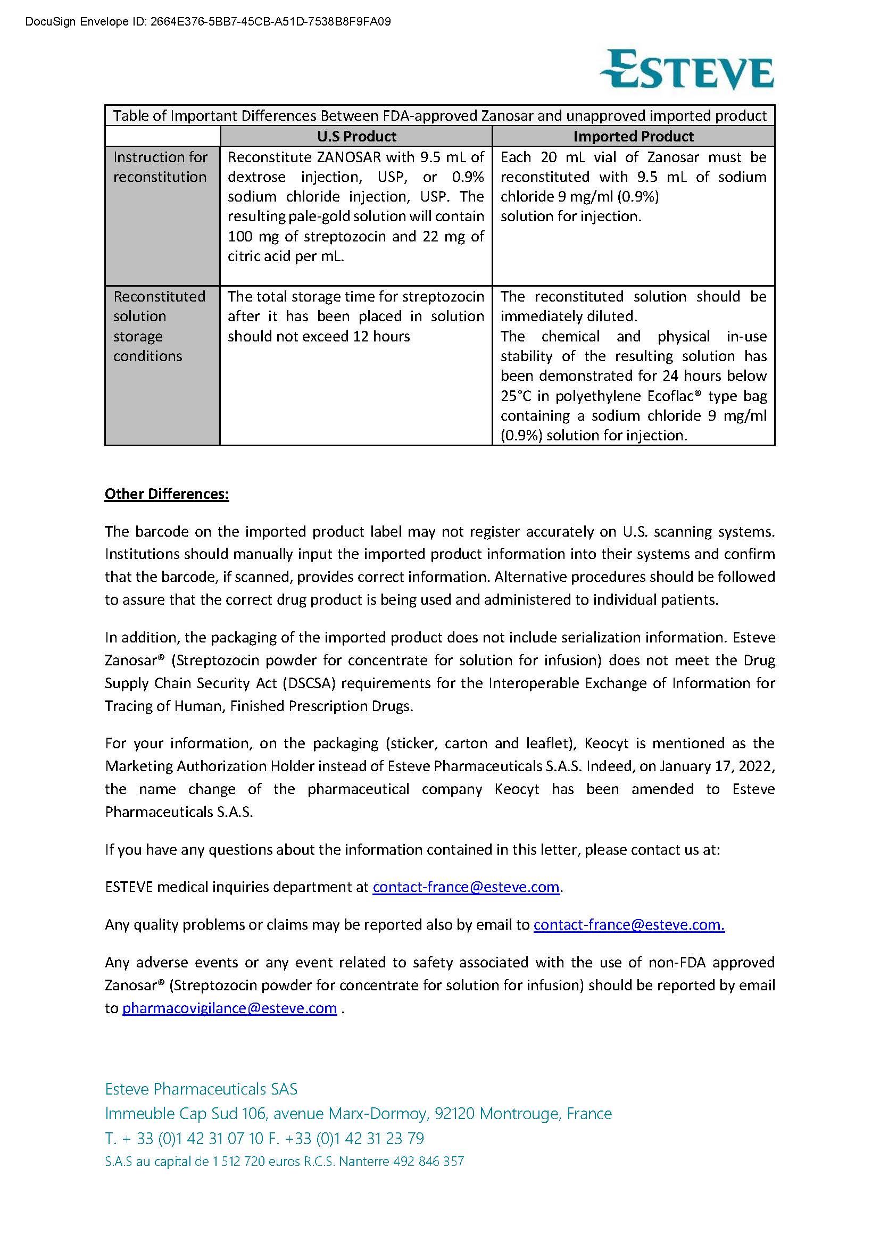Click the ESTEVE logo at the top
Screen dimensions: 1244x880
click(686, 70)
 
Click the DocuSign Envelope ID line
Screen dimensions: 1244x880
click(208, 22)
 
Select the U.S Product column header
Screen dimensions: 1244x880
click(356, 137)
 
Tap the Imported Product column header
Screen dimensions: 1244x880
click(633, 137)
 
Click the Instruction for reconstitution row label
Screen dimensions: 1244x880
click(160, 167)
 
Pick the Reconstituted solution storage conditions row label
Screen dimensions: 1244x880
click(159, 326)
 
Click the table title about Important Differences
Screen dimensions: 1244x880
click(439, 116)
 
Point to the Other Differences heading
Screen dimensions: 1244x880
click(167, 494)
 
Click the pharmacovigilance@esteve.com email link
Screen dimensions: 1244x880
click(229, 1008)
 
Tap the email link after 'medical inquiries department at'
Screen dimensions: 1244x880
click(466, 887)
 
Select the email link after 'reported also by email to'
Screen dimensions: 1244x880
click(628, 924)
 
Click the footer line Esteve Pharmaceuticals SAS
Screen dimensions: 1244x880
click(201, 1089)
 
